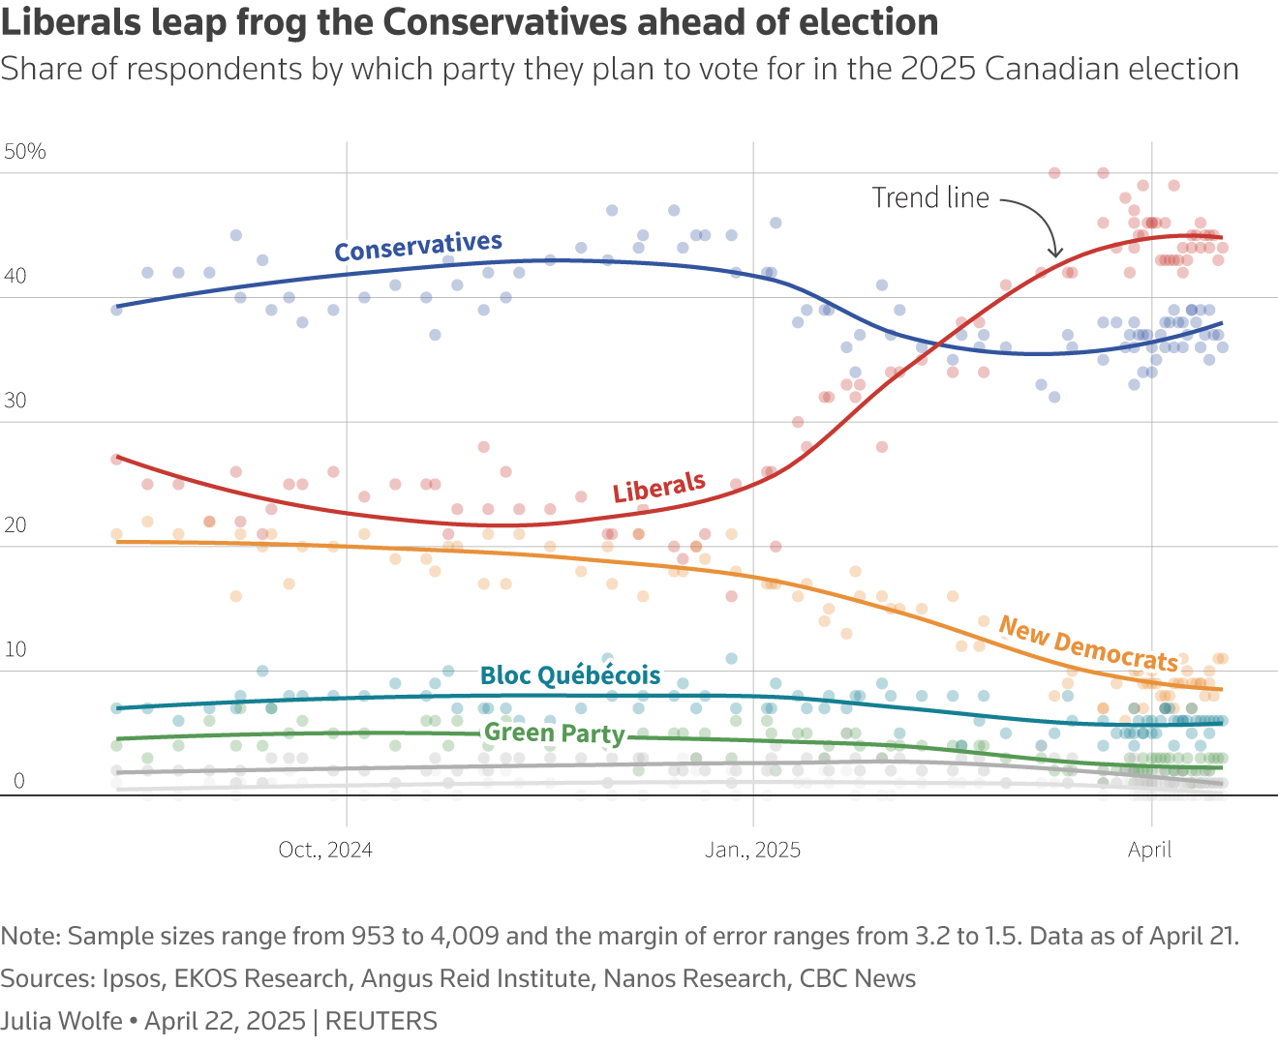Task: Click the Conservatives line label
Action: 418,247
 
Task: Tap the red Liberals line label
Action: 658,488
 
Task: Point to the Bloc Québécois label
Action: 570,675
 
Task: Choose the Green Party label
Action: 555,733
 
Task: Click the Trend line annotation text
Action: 930,198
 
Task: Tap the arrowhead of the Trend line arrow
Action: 1055,253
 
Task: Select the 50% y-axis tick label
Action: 25,152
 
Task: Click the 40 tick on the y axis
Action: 15,277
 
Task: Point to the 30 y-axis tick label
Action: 15,401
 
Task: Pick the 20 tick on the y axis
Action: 15,525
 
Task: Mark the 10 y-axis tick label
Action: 15,649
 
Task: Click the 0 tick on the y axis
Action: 18,782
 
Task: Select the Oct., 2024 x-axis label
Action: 325,850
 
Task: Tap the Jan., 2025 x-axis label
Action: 752,850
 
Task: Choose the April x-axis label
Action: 1149,850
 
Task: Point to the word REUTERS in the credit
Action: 381,1021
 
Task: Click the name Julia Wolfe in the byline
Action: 62,1021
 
